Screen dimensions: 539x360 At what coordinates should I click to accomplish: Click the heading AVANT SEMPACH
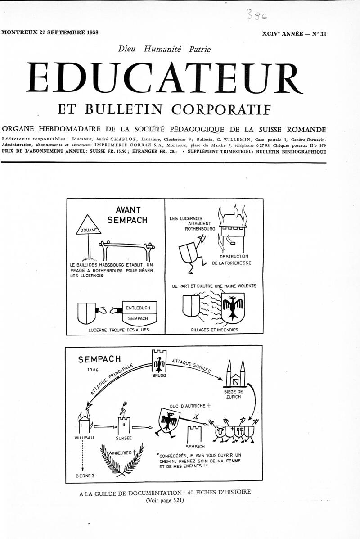tap(128, 215)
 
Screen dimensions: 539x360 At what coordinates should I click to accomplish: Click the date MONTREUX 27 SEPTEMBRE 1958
tap(50, 32)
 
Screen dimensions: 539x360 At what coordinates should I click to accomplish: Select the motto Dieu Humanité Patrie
tap(164, 49)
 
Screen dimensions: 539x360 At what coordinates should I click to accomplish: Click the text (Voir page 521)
tap(165, 500)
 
